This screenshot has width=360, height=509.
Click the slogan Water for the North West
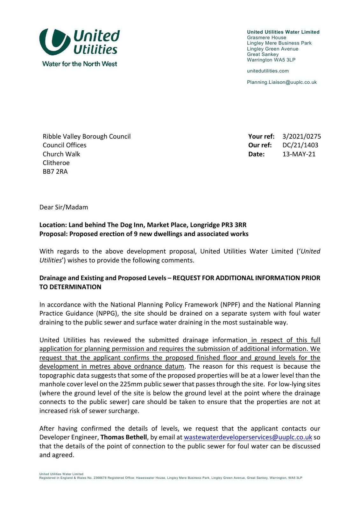80,64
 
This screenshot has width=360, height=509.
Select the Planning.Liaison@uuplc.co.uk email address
282,82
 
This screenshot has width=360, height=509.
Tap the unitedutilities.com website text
268,71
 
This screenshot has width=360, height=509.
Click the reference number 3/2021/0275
301,136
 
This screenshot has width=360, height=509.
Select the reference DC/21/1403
300,145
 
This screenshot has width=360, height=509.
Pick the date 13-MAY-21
299,154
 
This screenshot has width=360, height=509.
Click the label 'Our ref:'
260,145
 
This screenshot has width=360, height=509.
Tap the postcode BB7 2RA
55,172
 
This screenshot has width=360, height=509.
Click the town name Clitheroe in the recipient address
56,163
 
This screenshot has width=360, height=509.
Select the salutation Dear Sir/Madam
64,207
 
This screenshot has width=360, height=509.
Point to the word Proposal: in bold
53,234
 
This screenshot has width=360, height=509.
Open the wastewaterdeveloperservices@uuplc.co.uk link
248,437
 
